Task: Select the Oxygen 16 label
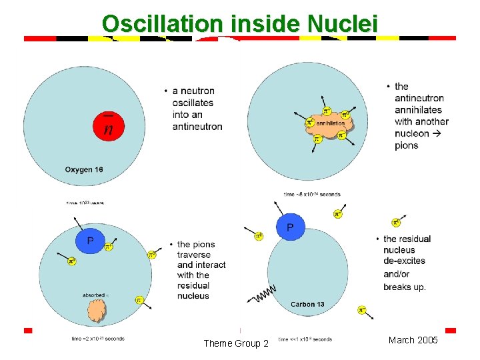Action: pos(84,169)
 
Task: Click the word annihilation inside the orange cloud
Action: pos(331,123)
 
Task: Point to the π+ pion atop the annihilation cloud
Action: pos(327,111)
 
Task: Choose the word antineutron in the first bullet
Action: pos(197,127)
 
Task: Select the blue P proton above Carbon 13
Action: pos(290,228)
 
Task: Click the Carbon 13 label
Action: pos(307,305)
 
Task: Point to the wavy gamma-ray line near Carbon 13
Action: pos(263,294)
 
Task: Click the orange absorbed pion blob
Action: pos(97,309)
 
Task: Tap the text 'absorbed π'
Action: pos(95,293)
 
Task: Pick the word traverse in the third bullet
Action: pos(194,255)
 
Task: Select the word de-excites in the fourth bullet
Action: pos(404,261)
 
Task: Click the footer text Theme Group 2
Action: pos(236,343)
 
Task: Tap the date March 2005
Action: pos(413,341)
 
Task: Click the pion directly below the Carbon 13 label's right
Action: pos(361,310)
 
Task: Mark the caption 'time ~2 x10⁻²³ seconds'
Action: pos(97,339)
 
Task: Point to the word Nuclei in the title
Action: pos(343,24)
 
